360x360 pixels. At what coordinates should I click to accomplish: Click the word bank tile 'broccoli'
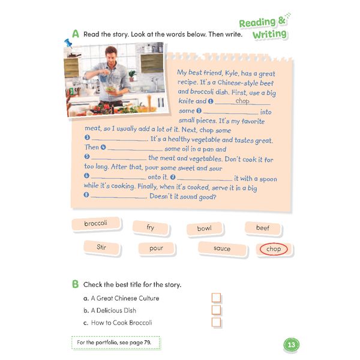[96, 224]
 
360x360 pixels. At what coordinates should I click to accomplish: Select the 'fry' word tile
[150, 227]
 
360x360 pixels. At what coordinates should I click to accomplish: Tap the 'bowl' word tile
[204, 229]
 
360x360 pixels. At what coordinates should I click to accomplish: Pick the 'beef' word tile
[263, 228]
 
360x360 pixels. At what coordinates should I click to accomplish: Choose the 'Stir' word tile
[101, 247]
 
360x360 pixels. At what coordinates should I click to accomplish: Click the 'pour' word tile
[156, 248]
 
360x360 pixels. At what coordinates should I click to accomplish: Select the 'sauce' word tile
[221, 248]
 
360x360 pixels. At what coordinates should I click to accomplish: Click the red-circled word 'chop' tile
[273, 249]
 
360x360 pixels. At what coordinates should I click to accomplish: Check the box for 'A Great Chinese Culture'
[217, 298]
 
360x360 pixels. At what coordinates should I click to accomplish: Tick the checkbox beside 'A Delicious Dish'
[217, 310]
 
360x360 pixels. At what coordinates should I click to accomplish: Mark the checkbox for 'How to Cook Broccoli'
[217, 322]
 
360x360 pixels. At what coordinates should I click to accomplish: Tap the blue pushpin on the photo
[68, 44]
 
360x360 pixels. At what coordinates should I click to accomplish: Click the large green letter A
[75, 34]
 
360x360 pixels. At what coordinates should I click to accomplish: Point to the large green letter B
[75, 283]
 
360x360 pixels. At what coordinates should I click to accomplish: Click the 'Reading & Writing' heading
[265, 28]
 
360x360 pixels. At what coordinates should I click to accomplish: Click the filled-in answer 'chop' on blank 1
[242, 101]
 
